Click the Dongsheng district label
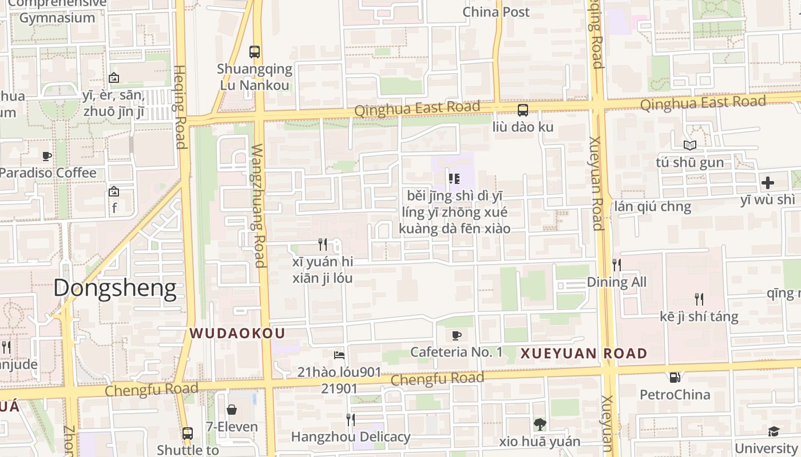(114, 288)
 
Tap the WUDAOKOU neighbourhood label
(237, 333)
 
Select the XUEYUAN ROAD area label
(584, 354)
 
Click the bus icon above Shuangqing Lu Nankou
(255, 52)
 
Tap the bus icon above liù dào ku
(523, 110)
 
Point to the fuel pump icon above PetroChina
(675, 378)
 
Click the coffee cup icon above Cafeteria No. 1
(456, 335)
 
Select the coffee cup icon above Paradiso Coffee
(47, 156)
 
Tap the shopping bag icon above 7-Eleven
(232, 410)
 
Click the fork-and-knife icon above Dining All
(617, 264)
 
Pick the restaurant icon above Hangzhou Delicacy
(351, 420)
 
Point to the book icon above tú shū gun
(689, 146)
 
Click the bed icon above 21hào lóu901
(339, 355)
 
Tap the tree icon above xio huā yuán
(540, 424)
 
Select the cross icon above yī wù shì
(768, 183)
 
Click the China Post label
(496, 12)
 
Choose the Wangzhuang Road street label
(259, 206)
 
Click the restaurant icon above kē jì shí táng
(699, 299)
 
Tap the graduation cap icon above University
(774, 431)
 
